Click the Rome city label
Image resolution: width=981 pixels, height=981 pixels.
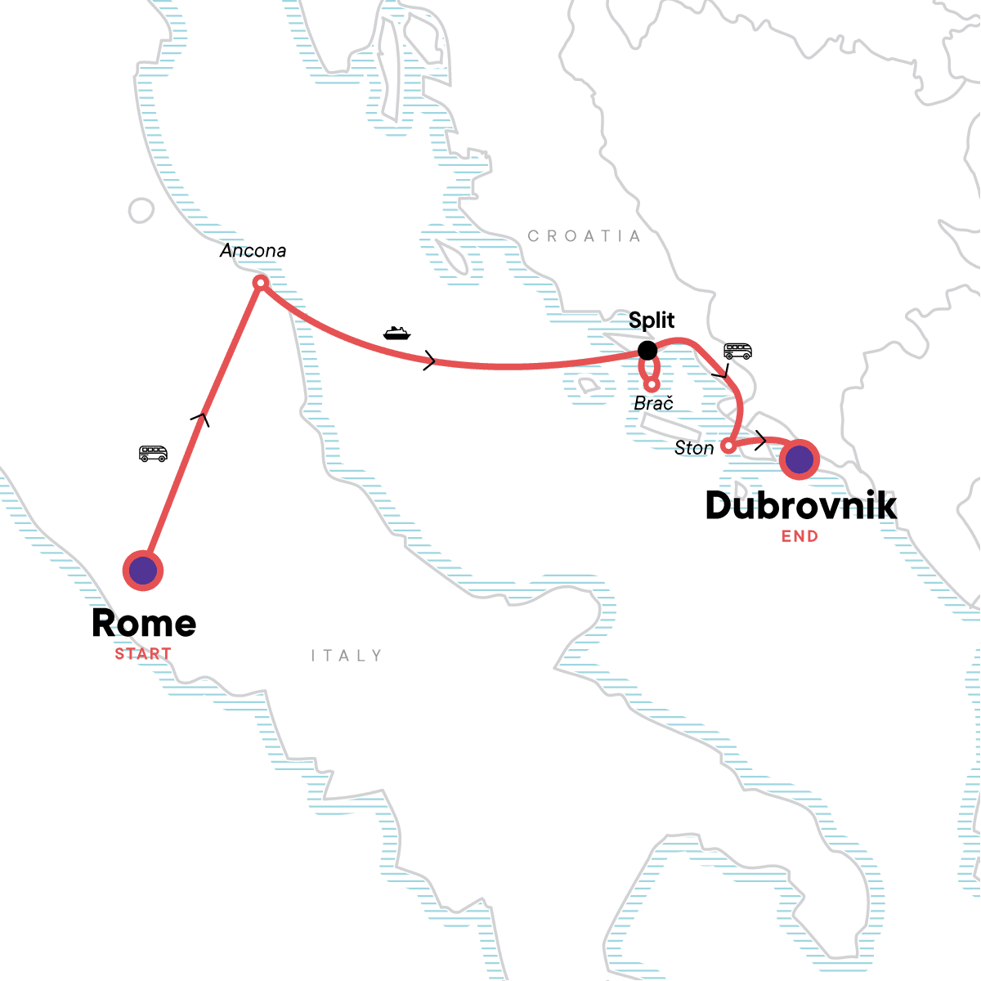(144, 624)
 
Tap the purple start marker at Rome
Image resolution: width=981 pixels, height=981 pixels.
(143, 571)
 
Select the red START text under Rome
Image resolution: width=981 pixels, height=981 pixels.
(143, 654)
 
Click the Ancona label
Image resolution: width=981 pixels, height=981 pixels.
(253, 251)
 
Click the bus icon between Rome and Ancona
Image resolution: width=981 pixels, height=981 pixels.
(153, 454)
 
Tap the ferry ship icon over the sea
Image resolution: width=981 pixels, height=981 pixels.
(396, 333)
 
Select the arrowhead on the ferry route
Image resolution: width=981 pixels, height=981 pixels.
(429, 361)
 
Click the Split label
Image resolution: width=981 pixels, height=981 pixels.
(652, 320)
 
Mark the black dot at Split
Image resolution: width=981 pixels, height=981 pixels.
(647, 351)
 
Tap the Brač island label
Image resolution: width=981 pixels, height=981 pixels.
(654, 403)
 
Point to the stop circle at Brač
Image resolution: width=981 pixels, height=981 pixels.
(652, 384)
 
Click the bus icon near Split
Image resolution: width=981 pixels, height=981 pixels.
(737, 352)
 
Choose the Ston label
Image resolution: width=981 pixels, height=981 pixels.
(694, 448)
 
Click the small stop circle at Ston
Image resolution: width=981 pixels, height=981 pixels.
(728, 446)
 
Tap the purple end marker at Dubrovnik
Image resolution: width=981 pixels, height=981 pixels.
(799, 459)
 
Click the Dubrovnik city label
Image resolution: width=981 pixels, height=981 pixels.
(800, 505)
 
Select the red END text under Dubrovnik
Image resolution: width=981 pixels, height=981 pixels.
(800, 536)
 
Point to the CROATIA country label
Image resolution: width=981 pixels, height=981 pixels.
(584, 236)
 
